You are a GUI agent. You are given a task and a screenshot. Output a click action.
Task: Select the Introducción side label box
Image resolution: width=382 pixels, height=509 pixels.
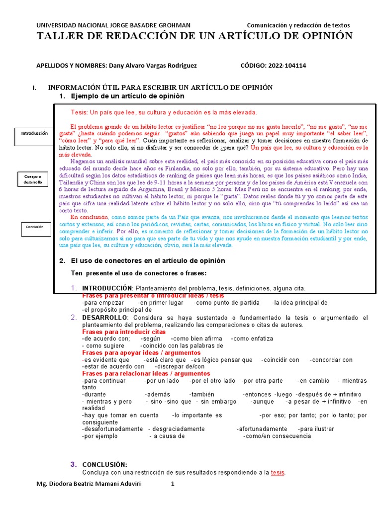34,135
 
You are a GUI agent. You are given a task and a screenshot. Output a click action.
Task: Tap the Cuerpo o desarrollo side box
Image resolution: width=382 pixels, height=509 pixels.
34,179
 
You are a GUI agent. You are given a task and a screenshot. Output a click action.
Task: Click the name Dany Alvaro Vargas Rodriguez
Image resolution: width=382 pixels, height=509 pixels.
152,66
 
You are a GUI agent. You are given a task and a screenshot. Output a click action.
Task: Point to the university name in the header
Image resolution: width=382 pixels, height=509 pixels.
114,25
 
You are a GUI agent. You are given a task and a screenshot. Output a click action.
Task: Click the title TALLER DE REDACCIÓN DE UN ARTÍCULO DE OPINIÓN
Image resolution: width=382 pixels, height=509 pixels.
195,36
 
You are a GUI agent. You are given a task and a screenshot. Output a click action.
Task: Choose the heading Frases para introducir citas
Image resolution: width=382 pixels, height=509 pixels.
124,332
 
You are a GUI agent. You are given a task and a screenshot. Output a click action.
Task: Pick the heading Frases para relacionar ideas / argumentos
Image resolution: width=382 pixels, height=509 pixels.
146,373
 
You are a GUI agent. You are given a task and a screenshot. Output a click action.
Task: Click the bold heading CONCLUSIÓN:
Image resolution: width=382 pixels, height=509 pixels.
104,464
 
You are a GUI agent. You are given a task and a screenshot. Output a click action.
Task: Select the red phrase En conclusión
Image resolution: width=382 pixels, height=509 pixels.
89,217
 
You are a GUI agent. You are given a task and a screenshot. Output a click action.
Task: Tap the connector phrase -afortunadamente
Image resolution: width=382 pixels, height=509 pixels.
261,429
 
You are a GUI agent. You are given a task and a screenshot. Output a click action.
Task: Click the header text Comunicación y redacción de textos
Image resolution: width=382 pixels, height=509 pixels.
298,25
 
